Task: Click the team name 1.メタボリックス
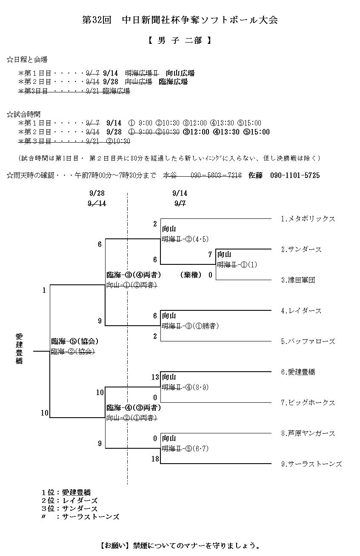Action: tap(308, 219)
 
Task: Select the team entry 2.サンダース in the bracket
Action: tap(301, 249)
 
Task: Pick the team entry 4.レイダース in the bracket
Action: tap(301, 311)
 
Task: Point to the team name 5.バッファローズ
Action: tap(308, 341)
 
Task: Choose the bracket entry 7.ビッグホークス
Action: tap(308, 403)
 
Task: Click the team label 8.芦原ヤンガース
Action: tap(308, 433)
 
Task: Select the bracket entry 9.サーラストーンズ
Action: tap(311, 464)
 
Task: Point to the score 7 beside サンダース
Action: tap(210, 254)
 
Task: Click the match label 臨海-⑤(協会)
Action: tap(75, 341)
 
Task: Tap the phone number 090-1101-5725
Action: tap(295, 175)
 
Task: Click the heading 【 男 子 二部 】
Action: tap(180, 41)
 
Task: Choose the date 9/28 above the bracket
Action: tap(97, 193)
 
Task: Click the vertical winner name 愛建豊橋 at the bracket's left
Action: tap(19, 349)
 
